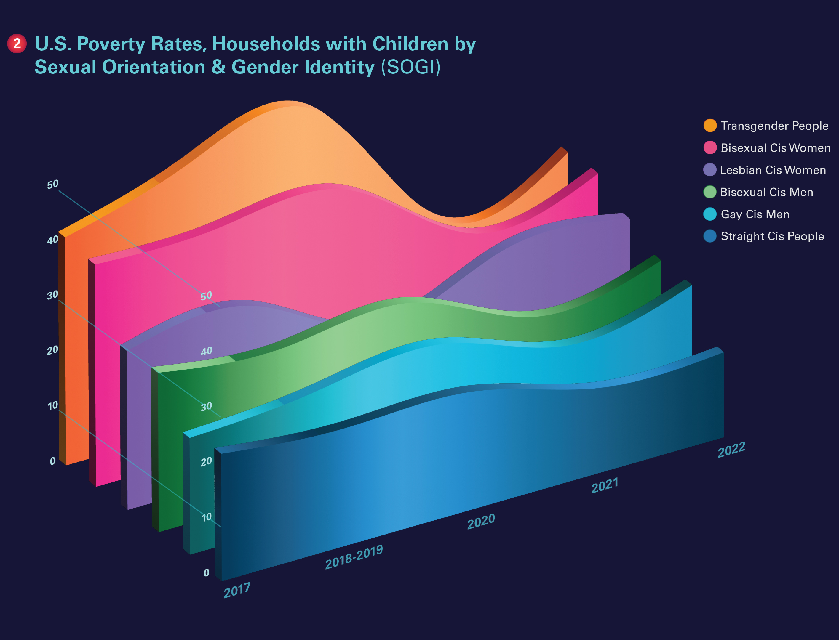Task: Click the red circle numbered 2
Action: click(x=17, y=44)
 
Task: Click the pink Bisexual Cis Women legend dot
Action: click(x=710, y=147)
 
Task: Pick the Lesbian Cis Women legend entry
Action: click(x=773, y=170)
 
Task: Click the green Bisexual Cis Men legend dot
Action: click(x=710, y=192)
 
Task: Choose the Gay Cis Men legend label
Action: click(x=755, y=214)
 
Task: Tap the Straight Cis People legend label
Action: click(x=772, y=236)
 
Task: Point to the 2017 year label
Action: click(x=237, y=590)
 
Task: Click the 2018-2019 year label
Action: click(x=354, y=557)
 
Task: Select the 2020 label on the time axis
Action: click(x=481, y=521)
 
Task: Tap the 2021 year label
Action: click(x=605, y=485)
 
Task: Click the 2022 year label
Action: click(x=731, y=450)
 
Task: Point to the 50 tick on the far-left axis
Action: click(x=53, y=185)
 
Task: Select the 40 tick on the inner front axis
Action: click(x=206, y=351)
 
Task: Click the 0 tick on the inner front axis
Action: click(x=206, y=572)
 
